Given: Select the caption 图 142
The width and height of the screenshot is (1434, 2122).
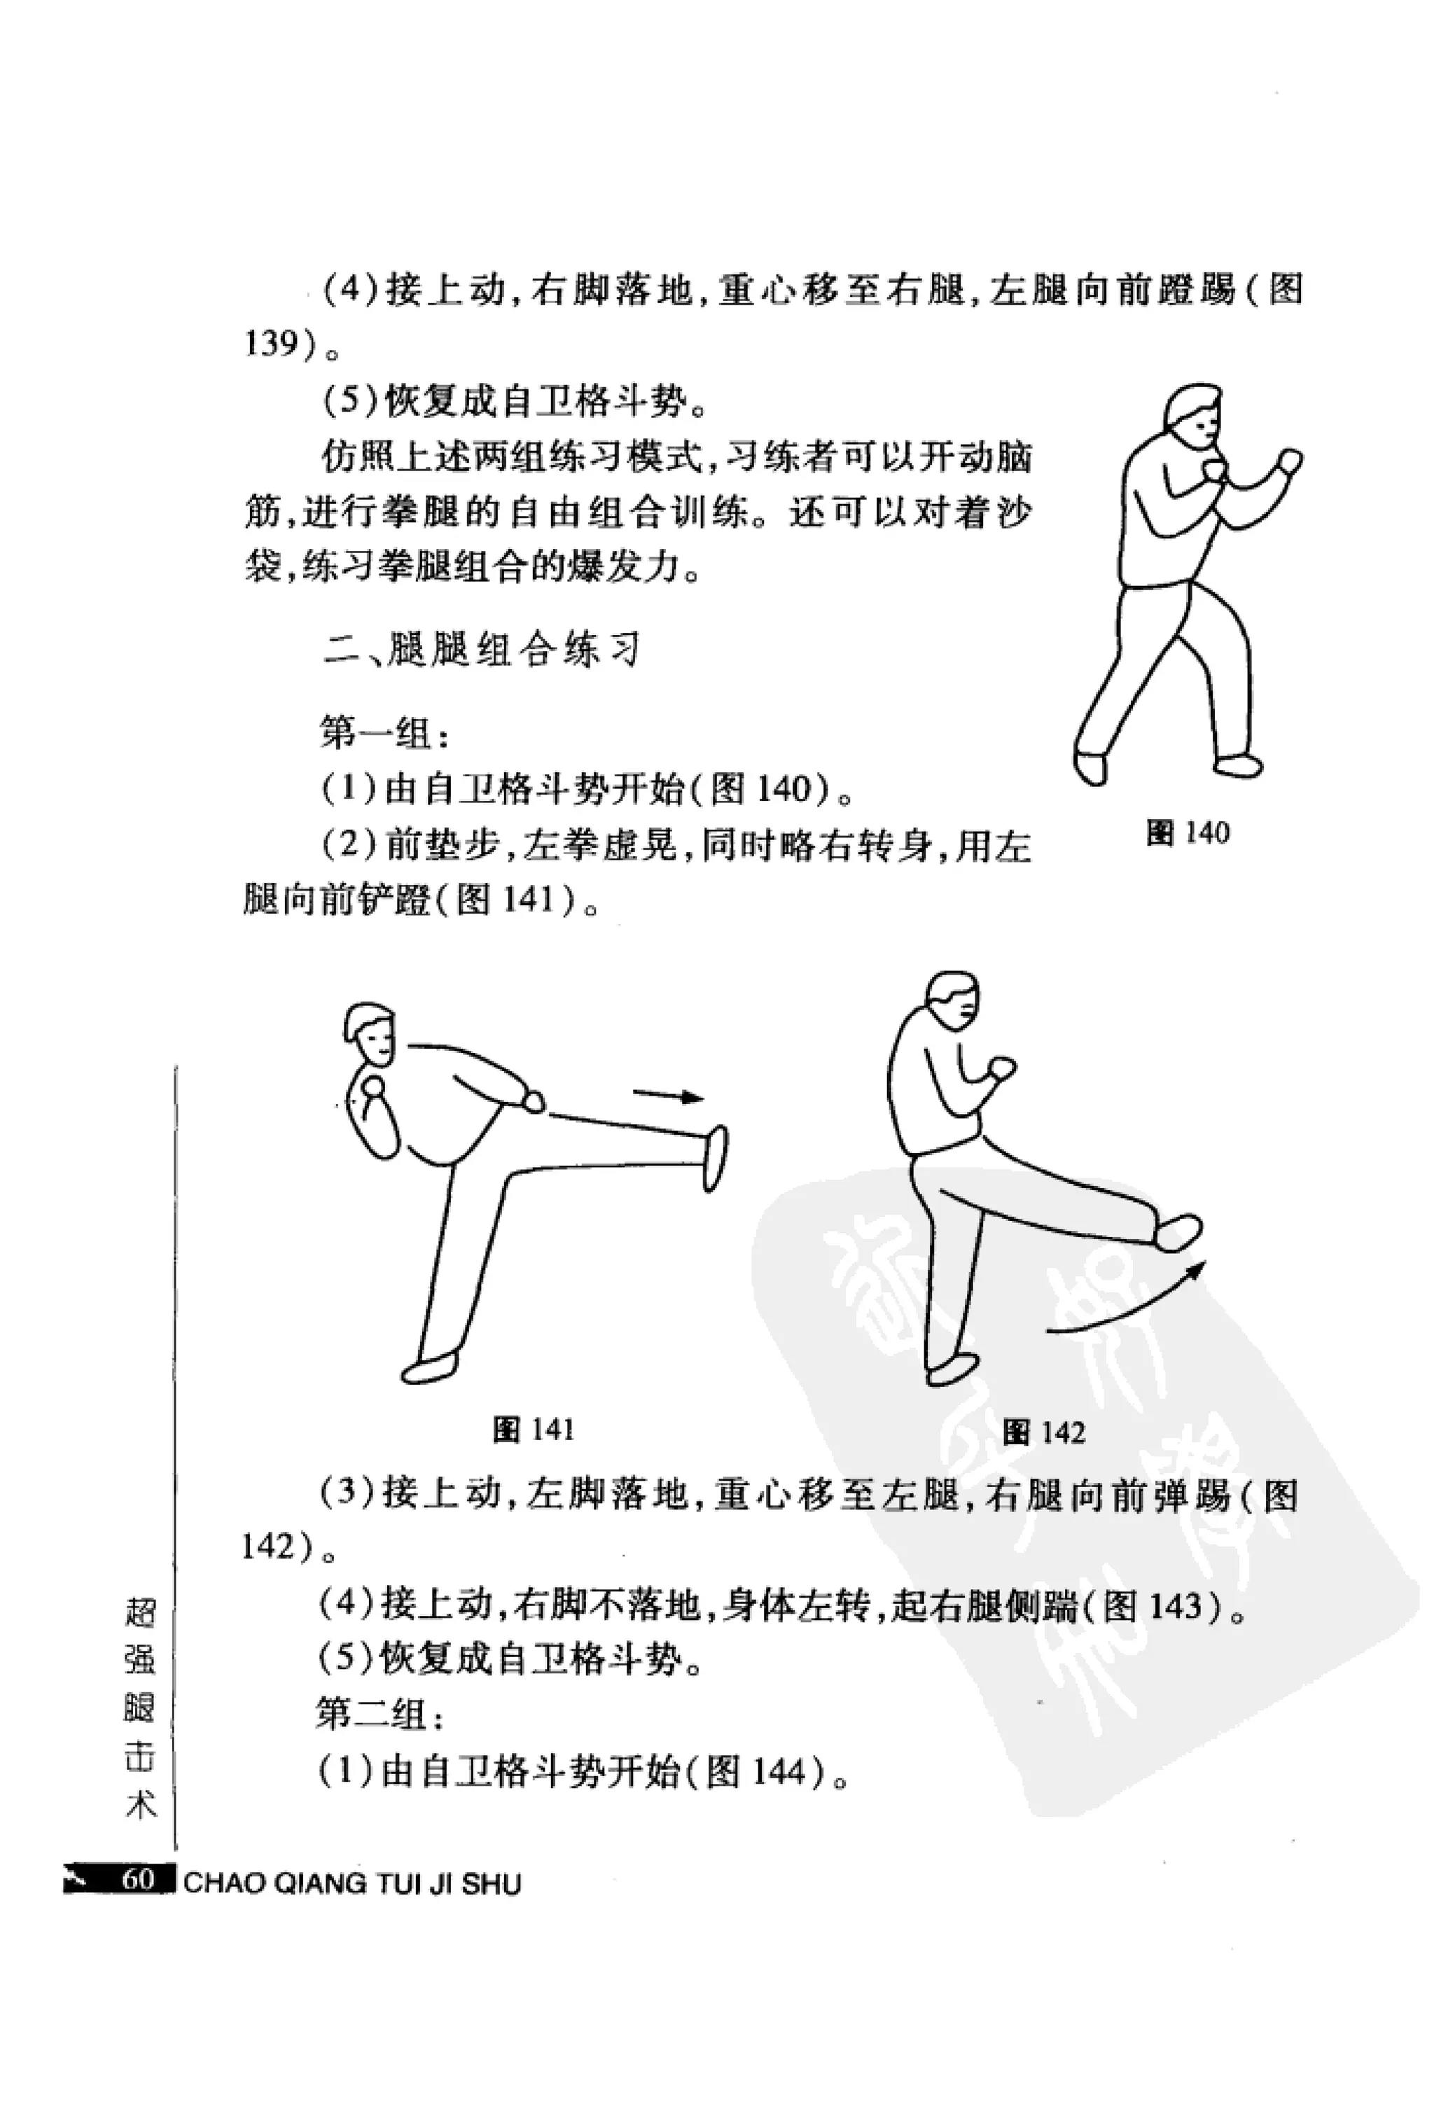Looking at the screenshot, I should [x=1043, y=1432].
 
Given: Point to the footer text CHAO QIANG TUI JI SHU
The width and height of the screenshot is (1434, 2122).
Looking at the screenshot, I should [x=351, y=1883].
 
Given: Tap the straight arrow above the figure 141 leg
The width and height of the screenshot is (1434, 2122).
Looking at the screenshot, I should [x=669, y=1096].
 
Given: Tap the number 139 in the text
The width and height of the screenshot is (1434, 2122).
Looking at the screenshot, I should [x=271, y=344].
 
